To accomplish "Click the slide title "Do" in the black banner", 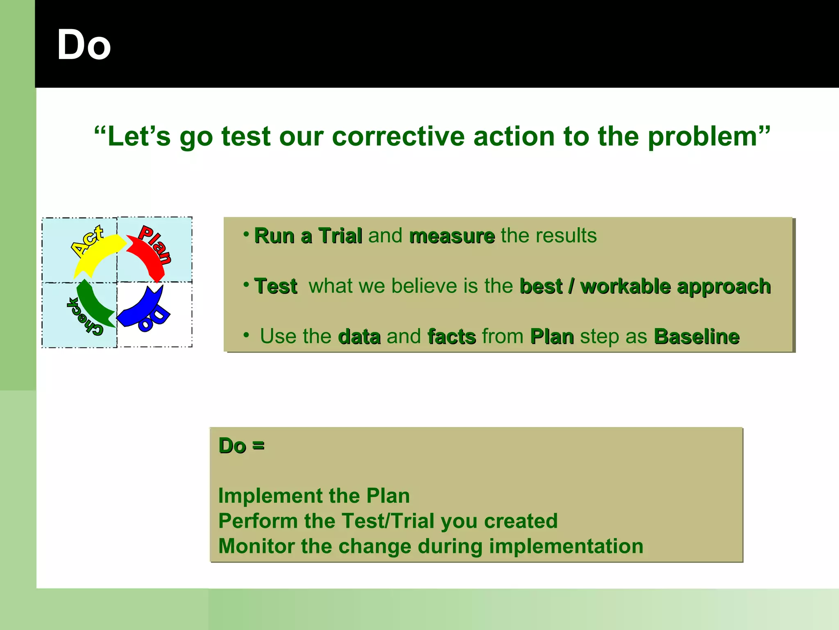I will click(x=84, y=45).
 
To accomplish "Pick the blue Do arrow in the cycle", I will click(x=141, y=310).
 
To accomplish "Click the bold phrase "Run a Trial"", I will click(x=308, y=236).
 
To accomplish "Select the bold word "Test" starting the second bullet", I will click(x=276, y=286).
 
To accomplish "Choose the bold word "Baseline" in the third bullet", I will click(x=696, y=337).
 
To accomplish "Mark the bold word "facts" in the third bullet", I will click(x=452, y=337).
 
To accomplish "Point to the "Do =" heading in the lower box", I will click(x=241, y=446).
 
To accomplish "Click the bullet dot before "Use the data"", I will click(x=246, y=336).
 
